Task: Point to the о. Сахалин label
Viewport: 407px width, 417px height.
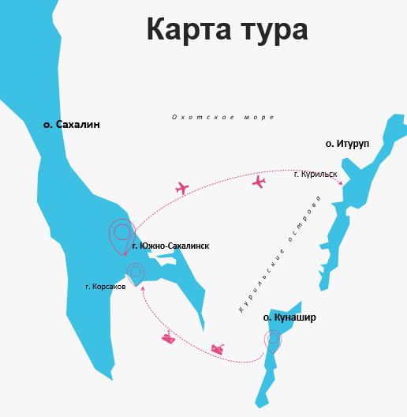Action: (x=72, y=125)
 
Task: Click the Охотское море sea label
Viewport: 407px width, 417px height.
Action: (x=222, y=117)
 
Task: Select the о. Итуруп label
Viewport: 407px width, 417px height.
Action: (x=348, y=144)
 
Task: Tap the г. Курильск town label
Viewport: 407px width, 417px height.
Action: (x=316, y=174)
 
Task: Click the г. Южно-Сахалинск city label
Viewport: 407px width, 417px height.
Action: (x=170, y=246)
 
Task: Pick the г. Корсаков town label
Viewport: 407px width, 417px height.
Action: (x=106, y=287)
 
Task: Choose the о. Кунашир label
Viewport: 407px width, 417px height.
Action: (x=289, y=317)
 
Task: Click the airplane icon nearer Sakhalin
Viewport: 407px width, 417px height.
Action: (x=182, y=188)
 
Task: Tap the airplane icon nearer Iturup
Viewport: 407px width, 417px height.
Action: (x=259, y=182)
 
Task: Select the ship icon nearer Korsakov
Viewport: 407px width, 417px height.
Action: (x=168, y=338)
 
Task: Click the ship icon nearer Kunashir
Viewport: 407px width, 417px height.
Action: (x=217, y=348)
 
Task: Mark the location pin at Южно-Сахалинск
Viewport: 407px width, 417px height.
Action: (x=121, y=234)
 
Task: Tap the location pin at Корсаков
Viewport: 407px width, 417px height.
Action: (x=136, y=273)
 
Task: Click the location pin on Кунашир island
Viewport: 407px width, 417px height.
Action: (x=273, y=340)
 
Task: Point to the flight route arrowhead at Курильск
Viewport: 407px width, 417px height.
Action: (x=341, y=183)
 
